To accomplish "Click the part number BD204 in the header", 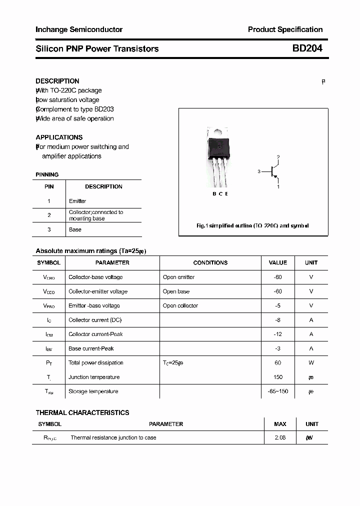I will click(x=307, y=48).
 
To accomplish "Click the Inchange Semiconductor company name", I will click(x=79, y=29).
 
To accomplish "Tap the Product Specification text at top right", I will click(x=285, y=29).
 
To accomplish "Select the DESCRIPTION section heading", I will click(x=57, y=81).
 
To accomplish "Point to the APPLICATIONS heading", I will click(x=59, y=137).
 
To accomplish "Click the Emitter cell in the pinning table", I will click(x=77, y=201).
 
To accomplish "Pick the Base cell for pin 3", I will click(x=75, y=229).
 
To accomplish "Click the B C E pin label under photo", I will click(x=220, y=194).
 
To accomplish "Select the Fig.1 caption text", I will click(x=252, y=225).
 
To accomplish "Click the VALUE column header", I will click(x=278, y=262).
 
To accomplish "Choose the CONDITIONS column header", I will click(x=210, y=262).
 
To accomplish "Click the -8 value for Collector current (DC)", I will click(x=278, y=320).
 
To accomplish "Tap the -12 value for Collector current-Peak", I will click(x=278, y=334).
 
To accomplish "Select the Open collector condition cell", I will click(x=180, y=305).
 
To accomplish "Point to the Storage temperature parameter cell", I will click(x=93, y=391).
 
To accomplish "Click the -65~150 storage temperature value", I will click(x=278, y=391).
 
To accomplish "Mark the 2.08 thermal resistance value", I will click(x=280, y=437).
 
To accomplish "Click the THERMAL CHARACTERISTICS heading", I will click(x=82, y=412).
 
